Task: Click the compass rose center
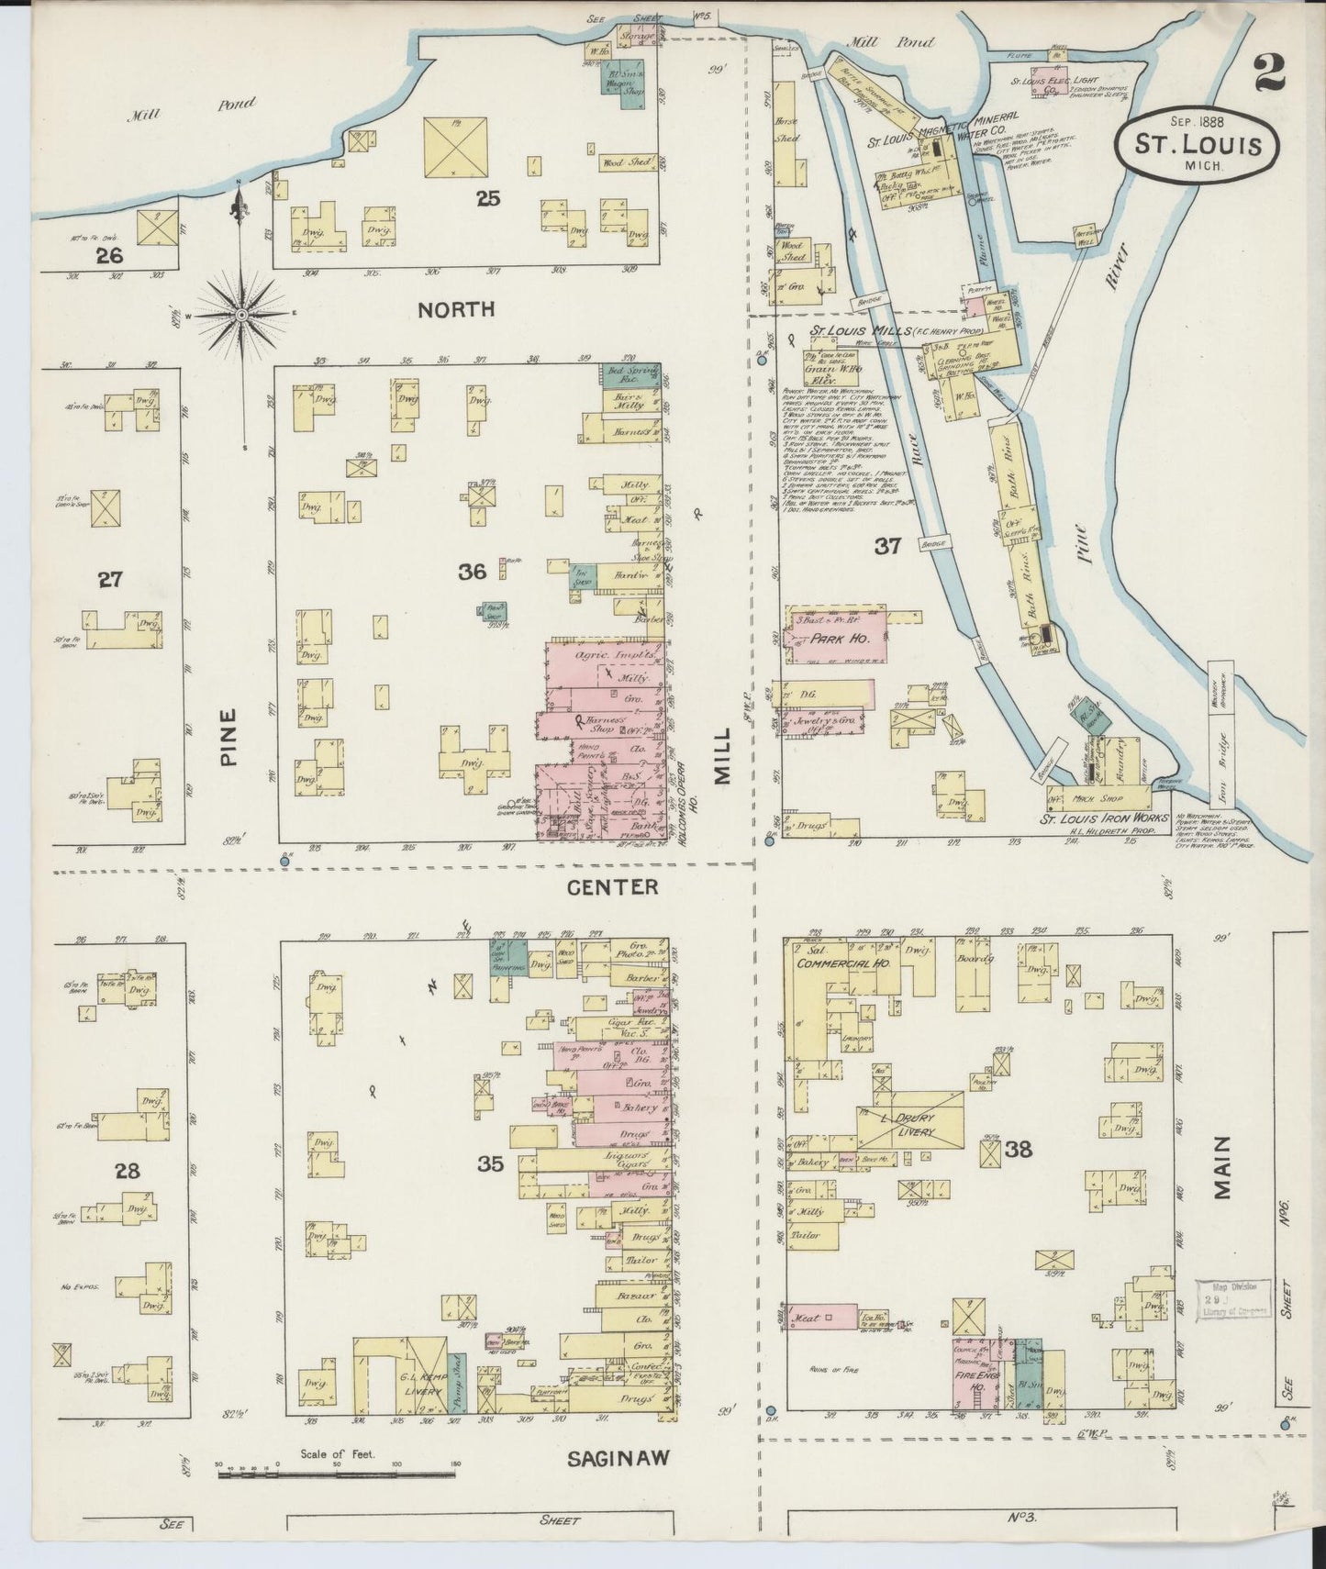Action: point(241,315)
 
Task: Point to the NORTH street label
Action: point(456,310)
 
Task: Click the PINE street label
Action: point(228,735)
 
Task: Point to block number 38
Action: point(1019,1148)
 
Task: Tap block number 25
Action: point(487,196)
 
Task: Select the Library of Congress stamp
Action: point(1232,1298)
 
